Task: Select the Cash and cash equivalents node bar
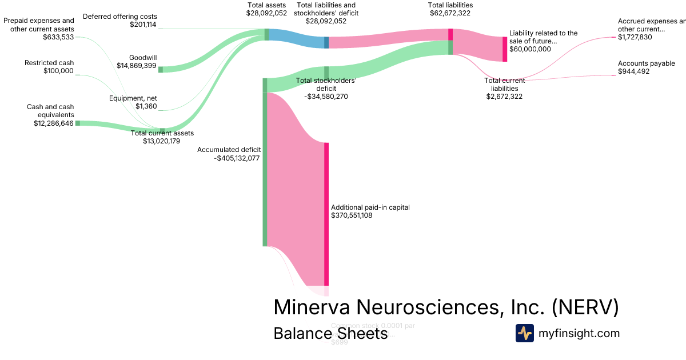78,123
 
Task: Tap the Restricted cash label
49,63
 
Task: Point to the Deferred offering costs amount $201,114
143,25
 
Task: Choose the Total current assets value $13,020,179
162,141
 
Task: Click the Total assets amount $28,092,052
266,13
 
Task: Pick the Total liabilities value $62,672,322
450,13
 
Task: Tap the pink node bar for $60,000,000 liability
505,49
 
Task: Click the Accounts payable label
646,63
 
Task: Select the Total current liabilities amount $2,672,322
504,97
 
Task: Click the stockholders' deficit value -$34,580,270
326,97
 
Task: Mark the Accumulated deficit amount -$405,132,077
237,158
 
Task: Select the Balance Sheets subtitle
330,333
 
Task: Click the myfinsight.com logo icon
524,333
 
